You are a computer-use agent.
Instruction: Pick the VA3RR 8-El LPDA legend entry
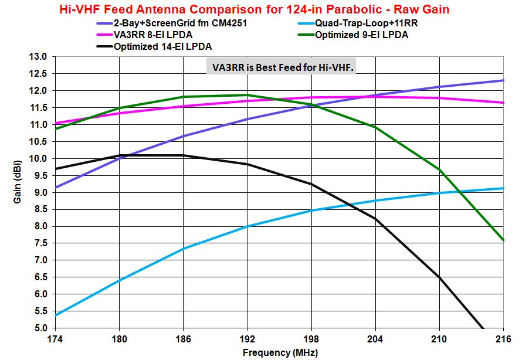click(x=152, y=35)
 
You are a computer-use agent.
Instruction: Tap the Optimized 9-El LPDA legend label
click(x=362, y=35)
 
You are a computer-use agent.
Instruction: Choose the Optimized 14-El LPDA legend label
click(x=163, y=46)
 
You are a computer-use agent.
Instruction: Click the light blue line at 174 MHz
click(x=55, y=315)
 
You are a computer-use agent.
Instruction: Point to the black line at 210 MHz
click(x=439, y=277)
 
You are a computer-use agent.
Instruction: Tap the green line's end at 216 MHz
click(x=503, y=240)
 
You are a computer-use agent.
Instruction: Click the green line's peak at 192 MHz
click(x=247, y=95)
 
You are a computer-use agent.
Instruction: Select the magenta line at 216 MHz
click(x=503, y=103)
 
